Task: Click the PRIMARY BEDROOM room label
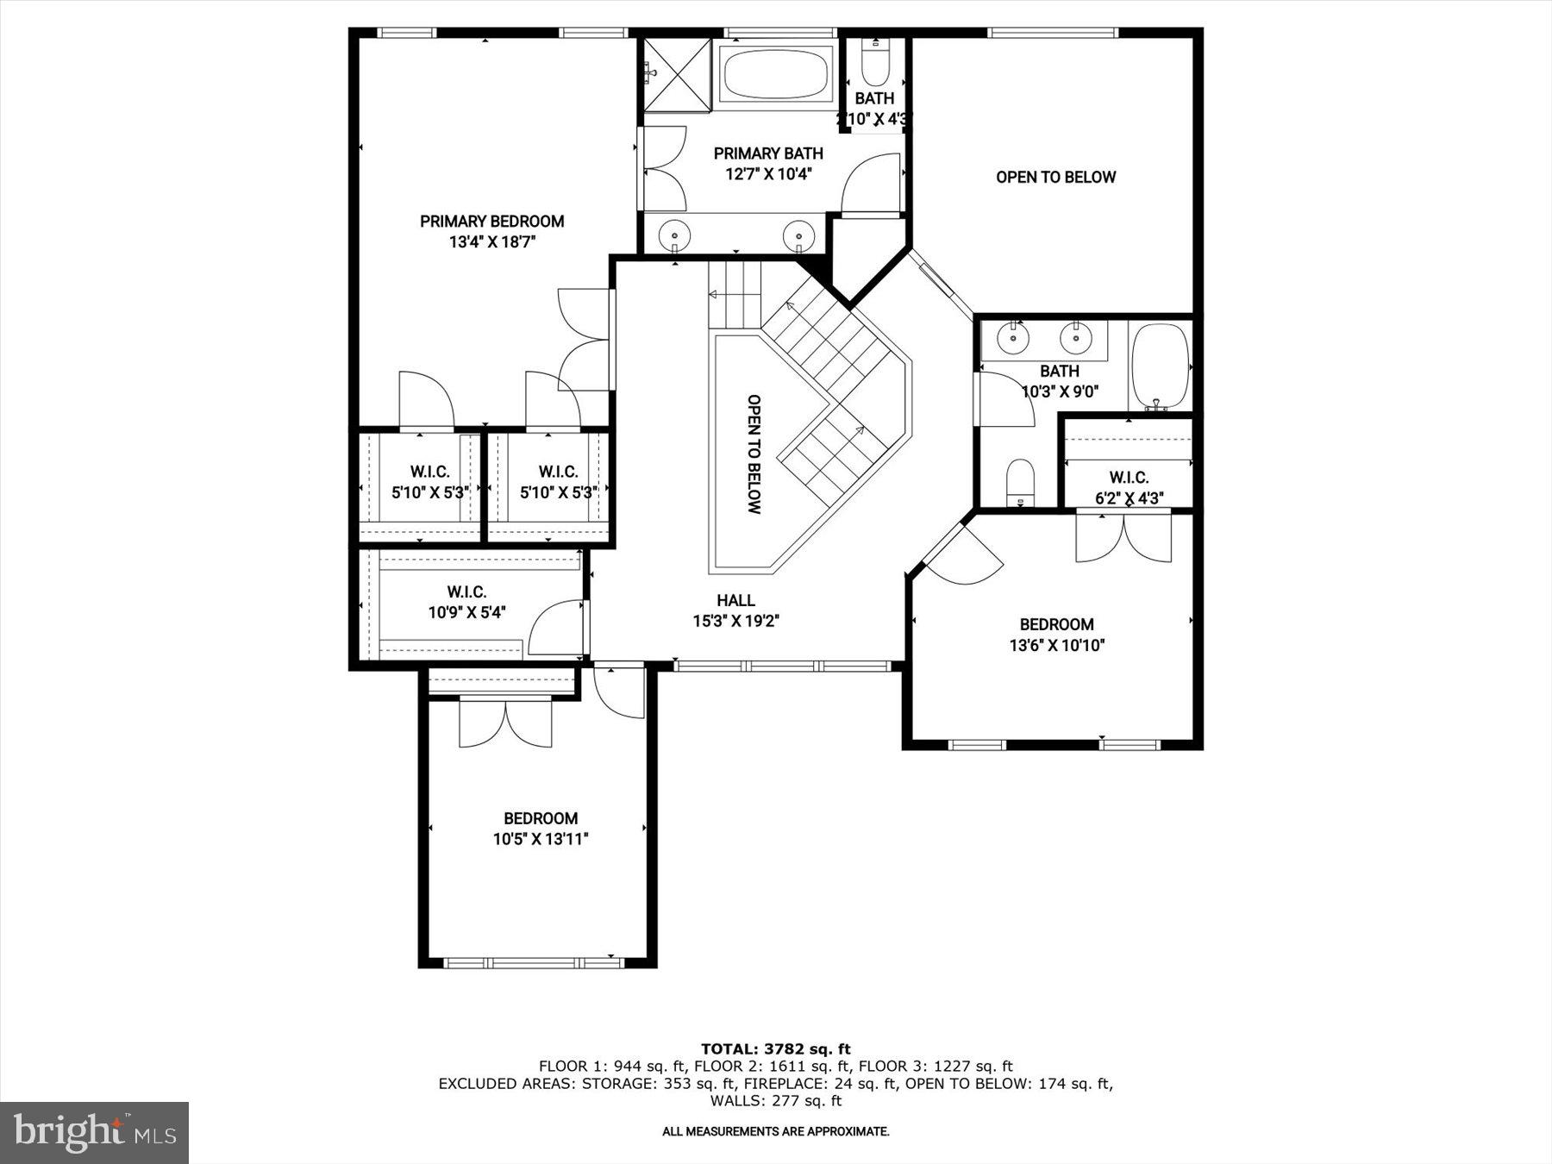click(491, 222)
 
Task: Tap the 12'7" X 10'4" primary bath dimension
click(768, 174)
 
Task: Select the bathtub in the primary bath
click(776, 74)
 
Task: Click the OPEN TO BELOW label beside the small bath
click(1055, 177)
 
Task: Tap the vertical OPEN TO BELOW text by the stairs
click(754, 454)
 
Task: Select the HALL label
click(735, 600)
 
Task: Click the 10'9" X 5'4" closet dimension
click(466, 613)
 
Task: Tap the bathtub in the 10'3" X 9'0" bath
click(1160, 366)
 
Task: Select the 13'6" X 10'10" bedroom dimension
click(1056, 645)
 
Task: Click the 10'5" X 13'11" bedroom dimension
click(541, 839)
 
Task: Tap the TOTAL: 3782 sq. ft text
click(775, 1049)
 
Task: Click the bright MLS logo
click(94, 1132)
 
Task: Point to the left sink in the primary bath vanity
click(673, 234)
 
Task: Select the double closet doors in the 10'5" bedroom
click(505, 723)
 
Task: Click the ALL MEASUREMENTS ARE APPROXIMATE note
click(775, 1131)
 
